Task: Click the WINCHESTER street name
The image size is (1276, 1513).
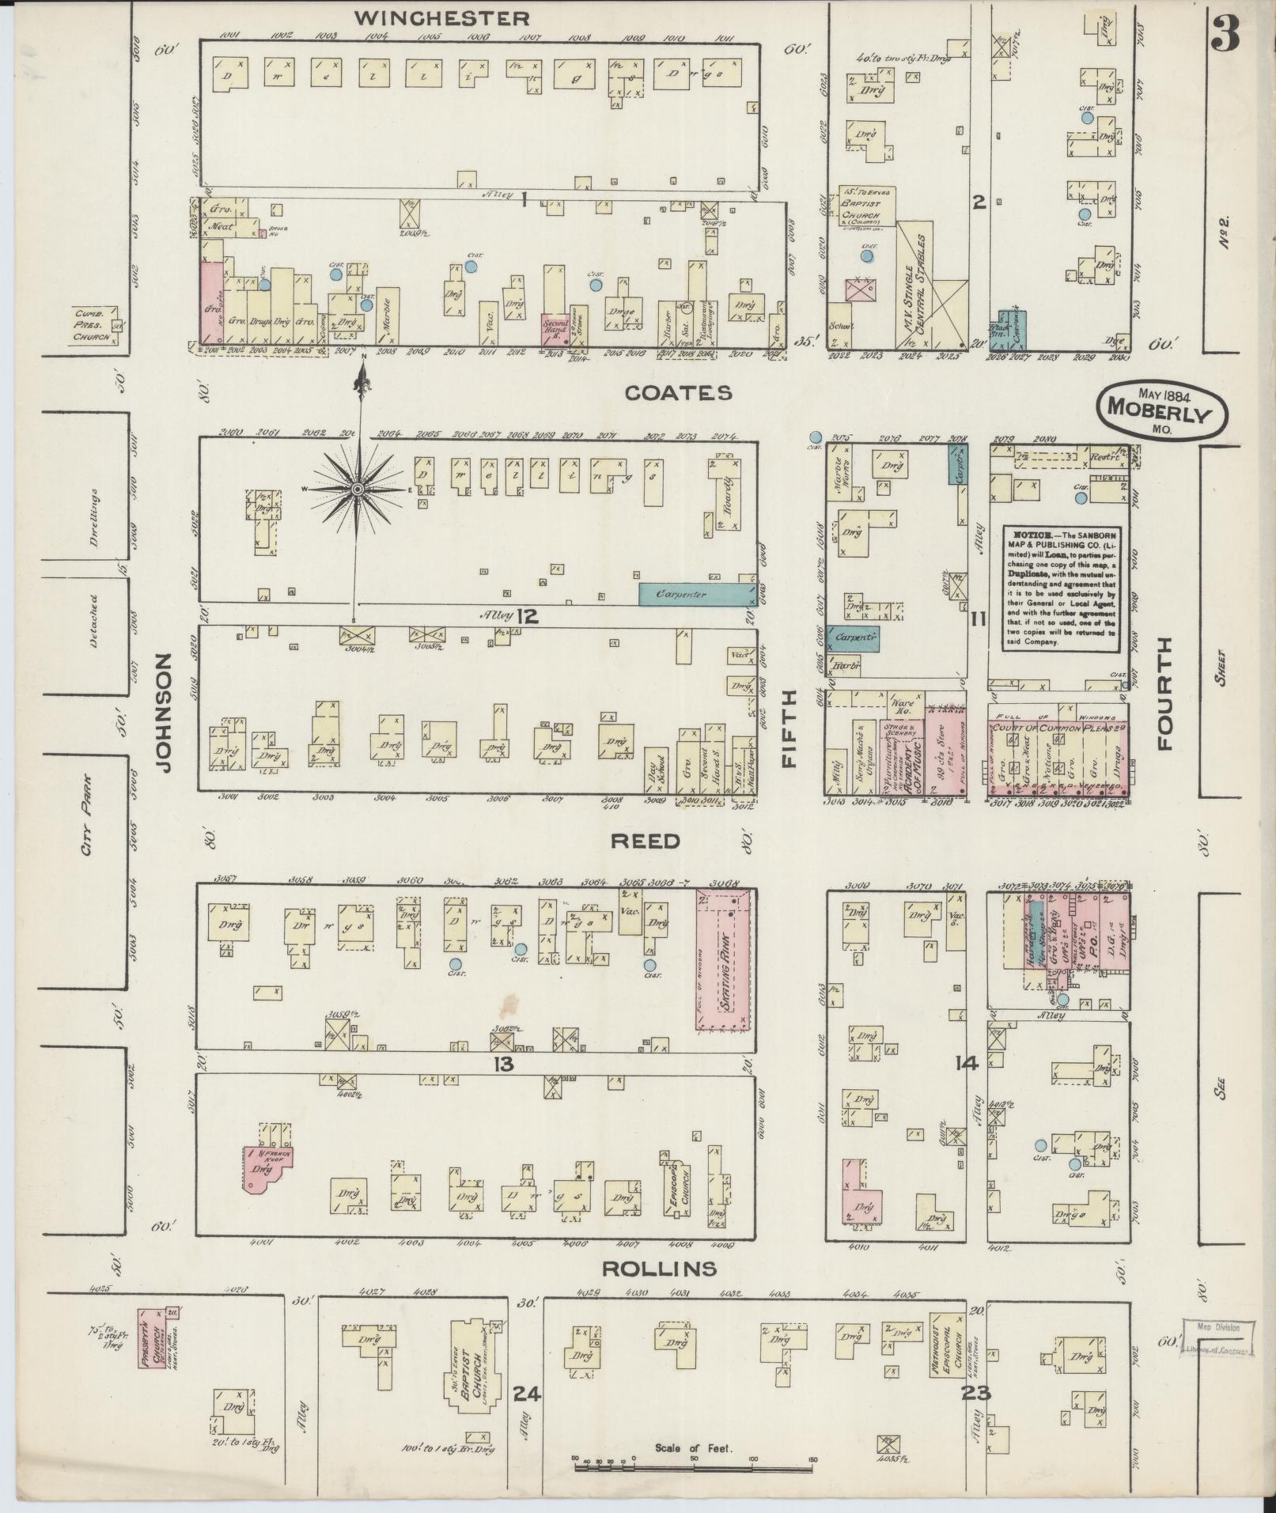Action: pos(441,17)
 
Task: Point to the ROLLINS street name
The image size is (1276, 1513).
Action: pos(659,1269)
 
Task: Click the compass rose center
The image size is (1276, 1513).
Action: pos(358,490)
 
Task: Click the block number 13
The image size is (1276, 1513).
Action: pos(503,1065)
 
